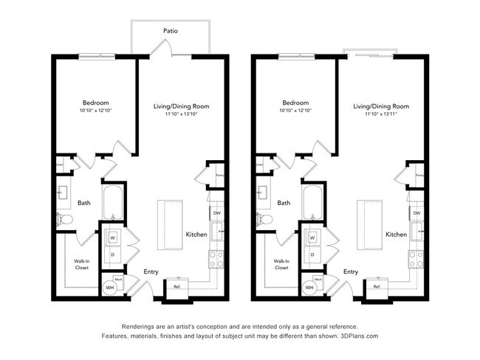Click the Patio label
(x=171, y=31)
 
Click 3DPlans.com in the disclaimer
(x=357, y=336)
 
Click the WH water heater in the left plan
(x=111, y=288)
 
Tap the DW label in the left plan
(x=216, y=213)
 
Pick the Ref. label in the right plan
(x=377, y=286)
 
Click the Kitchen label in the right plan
(x=396, y=235)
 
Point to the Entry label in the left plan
(x=151, y=271)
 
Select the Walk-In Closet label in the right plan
(x=281, y=264)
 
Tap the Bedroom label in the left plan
(x=96, y=103)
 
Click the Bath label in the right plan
(x=284, y=203)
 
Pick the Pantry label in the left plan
(x=220, y=176)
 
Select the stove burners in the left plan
(x=217, y=258)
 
